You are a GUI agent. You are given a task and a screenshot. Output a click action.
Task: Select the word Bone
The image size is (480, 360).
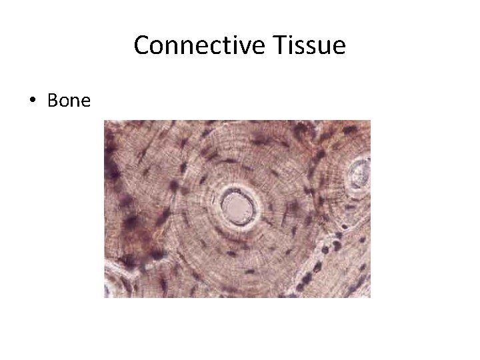click(69, 101)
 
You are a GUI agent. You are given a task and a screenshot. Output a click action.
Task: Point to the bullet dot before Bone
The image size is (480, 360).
click(31, 101)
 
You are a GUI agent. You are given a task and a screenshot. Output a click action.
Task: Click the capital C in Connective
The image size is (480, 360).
click(142, 46)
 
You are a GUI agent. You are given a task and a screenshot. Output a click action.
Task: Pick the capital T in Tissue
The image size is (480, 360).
click(278, 46)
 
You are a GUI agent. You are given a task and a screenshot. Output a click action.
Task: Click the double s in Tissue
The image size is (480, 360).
click(305, 49)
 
